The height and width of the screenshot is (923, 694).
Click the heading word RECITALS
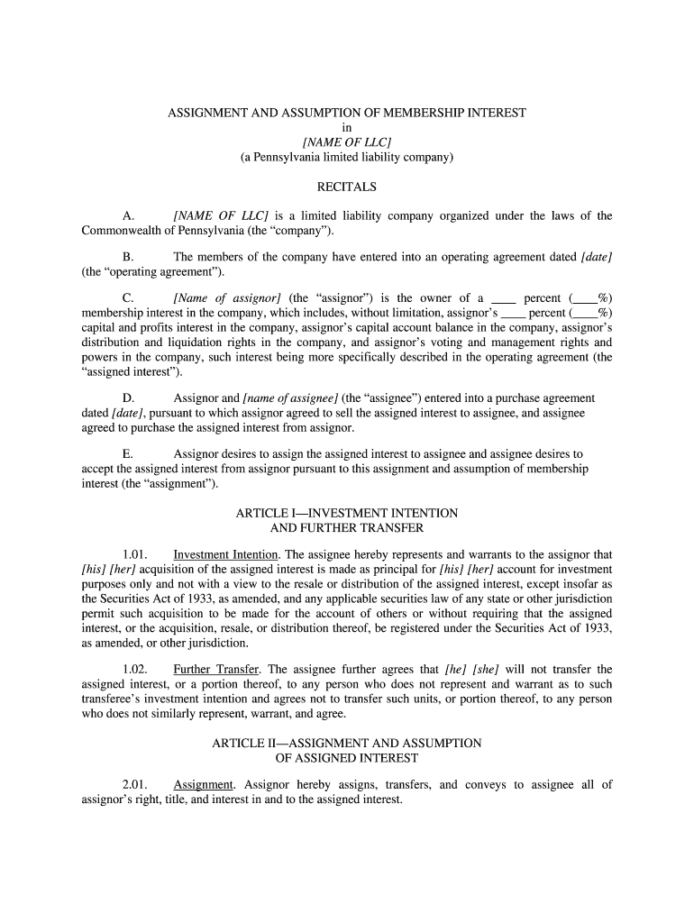coord(347,187)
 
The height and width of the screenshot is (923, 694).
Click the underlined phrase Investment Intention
coord(225,555)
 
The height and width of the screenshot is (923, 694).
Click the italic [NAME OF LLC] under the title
coord(347,142)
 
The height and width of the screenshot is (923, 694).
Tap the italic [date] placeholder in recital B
coord(597,257)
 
